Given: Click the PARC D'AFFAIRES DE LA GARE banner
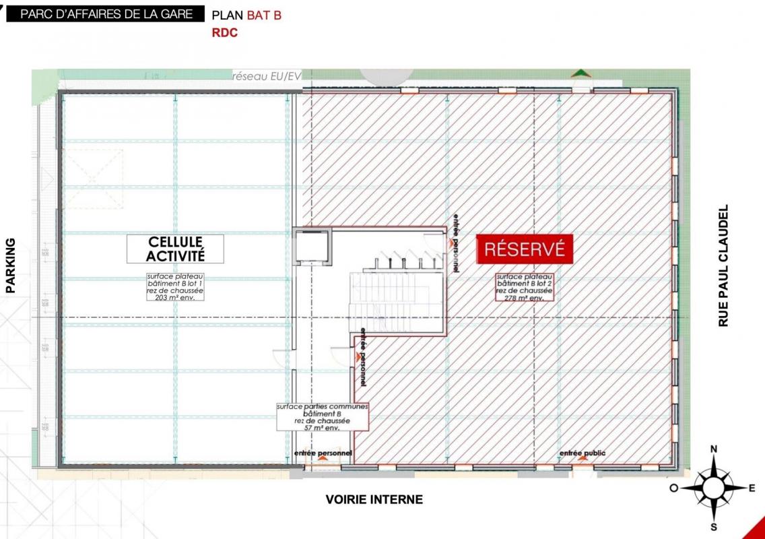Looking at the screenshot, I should point(106,14).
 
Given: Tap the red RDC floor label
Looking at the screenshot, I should point(225,32).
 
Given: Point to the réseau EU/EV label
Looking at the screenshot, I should point(266,77).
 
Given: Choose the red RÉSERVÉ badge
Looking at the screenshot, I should point(525,249).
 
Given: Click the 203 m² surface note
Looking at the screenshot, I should point(175,286).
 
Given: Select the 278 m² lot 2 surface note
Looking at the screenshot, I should point(524,287).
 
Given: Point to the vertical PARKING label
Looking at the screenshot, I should point(11,265).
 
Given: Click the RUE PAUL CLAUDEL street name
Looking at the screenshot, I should point(724,266).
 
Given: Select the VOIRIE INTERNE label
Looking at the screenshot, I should point(374,499).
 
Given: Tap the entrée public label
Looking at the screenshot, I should point(582,453).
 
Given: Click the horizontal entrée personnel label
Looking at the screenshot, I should point(323,453).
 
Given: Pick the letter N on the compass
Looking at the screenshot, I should point(714,449).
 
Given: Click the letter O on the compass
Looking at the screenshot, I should point(673,488).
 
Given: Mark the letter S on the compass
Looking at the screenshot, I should point(714,527).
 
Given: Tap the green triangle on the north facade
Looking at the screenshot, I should point(579,73).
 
